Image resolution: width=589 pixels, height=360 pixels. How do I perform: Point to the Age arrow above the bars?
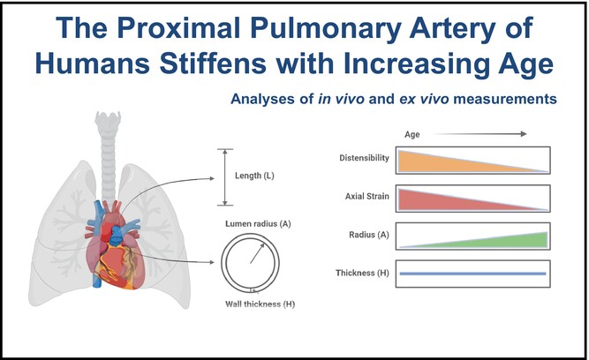(489, 134)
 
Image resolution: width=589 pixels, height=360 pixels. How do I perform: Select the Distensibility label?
(363, 159)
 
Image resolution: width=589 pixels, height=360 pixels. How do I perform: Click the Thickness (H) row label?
(365, 274)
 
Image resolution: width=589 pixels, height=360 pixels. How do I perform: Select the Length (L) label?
(255, 176)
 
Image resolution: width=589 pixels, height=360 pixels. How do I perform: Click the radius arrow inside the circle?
(257, 253)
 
